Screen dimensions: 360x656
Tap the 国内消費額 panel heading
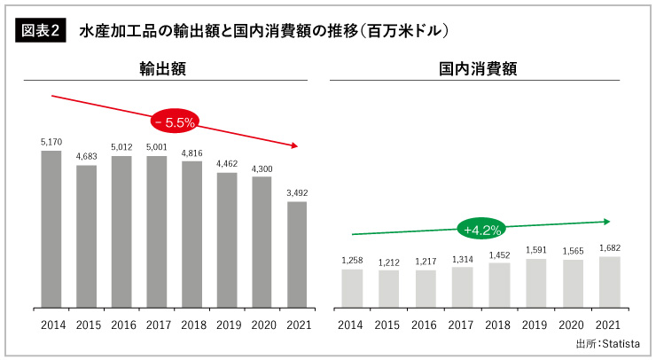coord(478,68)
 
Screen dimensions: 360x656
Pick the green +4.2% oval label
coord(481,230)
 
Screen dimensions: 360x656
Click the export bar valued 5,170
coord(51,229)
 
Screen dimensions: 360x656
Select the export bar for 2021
coord(297,254)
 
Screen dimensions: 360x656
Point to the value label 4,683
coord(86,157)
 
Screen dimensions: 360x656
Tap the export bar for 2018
coord(191,234)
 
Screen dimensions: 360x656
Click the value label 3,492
coord(297,193)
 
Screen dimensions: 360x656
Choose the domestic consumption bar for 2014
coord(352,288)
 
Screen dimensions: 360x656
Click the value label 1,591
coord(535,250)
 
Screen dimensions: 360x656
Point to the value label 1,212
coord(388,262)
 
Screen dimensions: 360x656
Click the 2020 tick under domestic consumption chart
coord(572,325)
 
